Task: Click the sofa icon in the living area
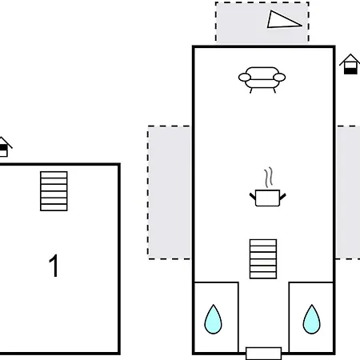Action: [x=262, y=80]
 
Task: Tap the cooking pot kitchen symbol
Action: [x=267, y=198]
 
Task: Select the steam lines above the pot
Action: [x=269, y=177]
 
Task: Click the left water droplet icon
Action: [x=213, y=319]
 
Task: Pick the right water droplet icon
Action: [x=311, y=319]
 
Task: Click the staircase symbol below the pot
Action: [x=263, y=259]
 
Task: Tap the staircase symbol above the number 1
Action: [x=54, y=191]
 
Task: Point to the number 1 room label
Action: [x=54, y=266]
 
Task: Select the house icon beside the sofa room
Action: [x=350, y=64]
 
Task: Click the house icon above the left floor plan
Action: [x=4, y=146]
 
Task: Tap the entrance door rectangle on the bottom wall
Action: [x=263, y=354]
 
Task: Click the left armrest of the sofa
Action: [x=245, y=78]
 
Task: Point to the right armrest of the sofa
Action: [x=279, y=78]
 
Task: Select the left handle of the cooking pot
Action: [x=253, y=197]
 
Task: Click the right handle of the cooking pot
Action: [x=282, y=197]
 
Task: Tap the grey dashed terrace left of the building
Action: [x=170, y=192]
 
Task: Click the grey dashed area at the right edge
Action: [x=348, y=192]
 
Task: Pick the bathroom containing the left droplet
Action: [x=216, y=318]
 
